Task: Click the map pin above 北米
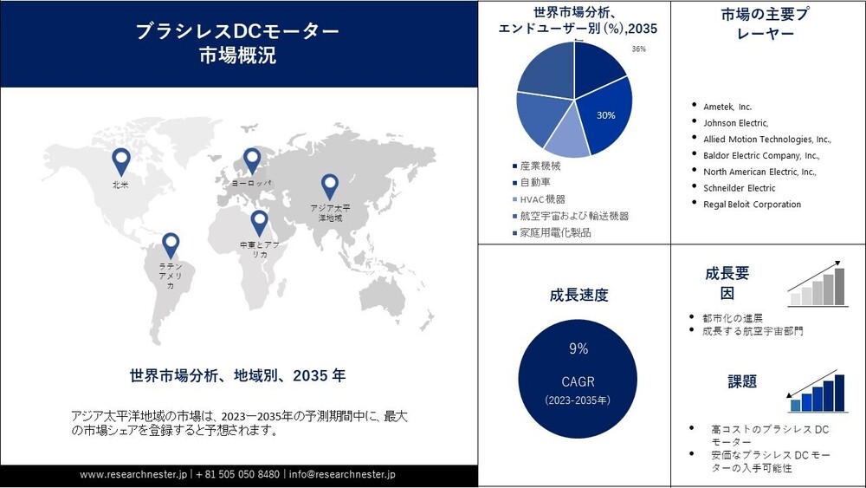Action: tap(121, 159)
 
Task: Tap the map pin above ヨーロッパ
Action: tap(252, 159)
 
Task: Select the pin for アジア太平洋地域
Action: tap(329, 185)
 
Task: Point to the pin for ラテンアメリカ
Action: tap(171, 244)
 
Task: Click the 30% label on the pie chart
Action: tap(606, 114)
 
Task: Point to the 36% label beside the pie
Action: tap(639, 49)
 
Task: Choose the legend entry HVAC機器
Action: tap(543, 199)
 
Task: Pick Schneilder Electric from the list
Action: tap(739, 188)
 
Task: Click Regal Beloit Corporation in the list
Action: tap(752, 205)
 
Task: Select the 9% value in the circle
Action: tap(578, 349)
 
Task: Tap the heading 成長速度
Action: tap(578, 295)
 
